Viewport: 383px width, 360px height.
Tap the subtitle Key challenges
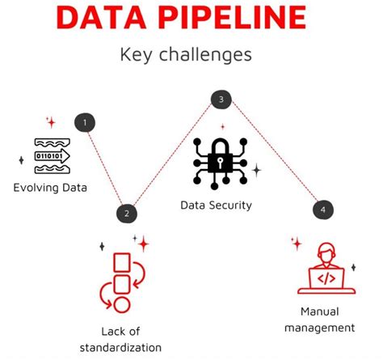click(x=186, y=55)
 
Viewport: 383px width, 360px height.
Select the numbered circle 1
click(x=85, y=123)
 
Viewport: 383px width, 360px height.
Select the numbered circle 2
click(x=125, y=214)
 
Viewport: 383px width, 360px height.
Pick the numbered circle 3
click(x=221, y=100)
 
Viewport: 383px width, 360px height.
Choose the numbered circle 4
click(x=322, y=210)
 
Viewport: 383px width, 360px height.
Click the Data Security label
click(x=216, y=205)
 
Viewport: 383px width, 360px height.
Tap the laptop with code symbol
click(x=326, y=279)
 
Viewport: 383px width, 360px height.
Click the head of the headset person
click(x=326, y=253)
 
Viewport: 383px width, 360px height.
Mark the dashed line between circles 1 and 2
click(x=105, y=168)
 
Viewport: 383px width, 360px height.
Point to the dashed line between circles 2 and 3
click(x=173, y=157)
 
